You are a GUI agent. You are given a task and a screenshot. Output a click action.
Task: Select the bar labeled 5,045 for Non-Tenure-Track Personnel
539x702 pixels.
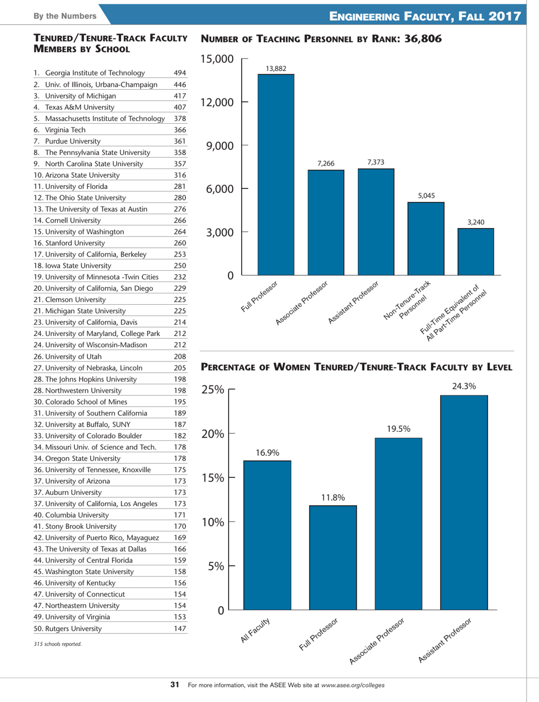point(426,239)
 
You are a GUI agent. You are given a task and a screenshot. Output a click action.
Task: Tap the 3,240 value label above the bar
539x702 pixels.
point(475,222)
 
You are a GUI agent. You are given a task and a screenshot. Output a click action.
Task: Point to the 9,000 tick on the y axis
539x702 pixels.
point(218,145)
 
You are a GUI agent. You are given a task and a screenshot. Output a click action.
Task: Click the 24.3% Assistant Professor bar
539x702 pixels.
point(464,502)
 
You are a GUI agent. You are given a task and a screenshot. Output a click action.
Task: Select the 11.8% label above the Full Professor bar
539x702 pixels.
point(333,497)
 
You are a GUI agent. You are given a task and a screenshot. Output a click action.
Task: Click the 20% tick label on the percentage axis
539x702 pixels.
point(215,434)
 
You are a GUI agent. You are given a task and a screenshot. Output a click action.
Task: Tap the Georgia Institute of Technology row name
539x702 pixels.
point(94,73)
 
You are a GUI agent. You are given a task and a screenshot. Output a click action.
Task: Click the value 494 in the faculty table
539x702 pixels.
point(179,73)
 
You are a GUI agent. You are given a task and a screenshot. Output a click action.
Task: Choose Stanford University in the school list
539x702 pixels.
point(75,242)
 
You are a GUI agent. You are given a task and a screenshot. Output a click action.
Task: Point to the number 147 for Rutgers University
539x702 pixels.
point(179,629)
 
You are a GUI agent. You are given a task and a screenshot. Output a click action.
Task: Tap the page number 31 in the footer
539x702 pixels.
point(175,685)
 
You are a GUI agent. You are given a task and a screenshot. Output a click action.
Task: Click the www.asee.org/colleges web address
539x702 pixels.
point(353,685)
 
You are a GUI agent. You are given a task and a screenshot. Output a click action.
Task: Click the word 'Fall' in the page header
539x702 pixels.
point(471,16)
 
